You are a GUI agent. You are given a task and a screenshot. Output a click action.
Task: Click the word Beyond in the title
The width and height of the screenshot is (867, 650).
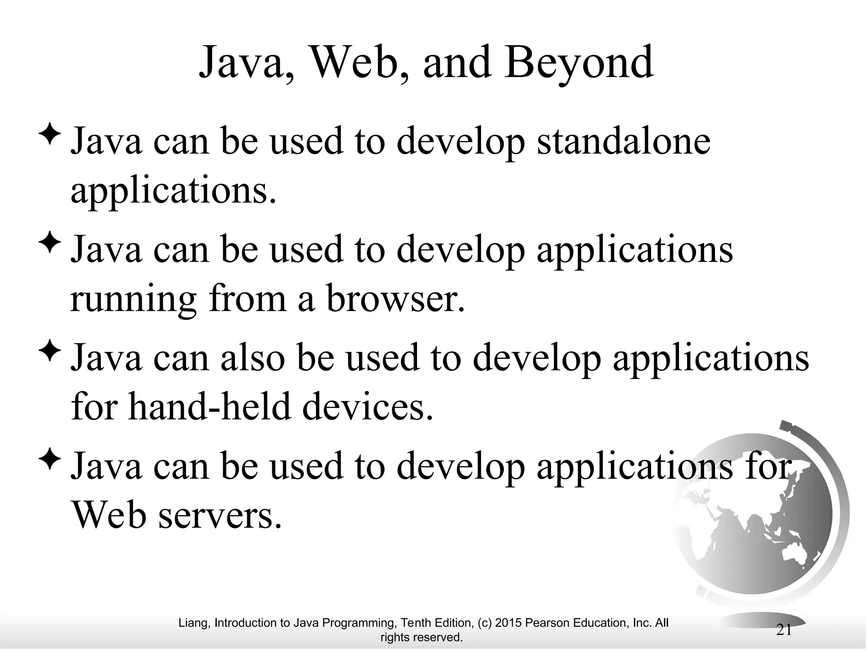pos(579,63)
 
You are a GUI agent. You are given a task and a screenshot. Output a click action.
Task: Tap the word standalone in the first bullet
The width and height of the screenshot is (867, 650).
pos(623,141)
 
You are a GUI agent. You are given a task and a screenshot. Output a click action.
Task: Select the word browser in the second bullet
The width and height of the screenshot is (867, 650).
pos(395,299)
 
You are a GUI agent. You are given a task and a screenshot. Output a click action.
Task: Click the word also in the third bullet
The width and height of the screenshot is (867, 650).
pos(252,358)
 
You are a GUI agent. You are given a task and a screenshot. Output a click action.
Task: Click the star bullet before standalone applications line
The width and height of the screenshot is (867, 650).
pos(50,134)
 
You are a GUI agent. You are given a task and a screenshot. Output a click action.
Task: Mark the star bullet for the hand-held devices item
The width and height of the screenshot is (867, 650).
pos(50,351)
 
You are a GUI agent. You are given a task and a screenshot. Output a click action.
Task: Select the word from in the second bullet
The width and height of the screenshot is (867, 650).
pos(247,299)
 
